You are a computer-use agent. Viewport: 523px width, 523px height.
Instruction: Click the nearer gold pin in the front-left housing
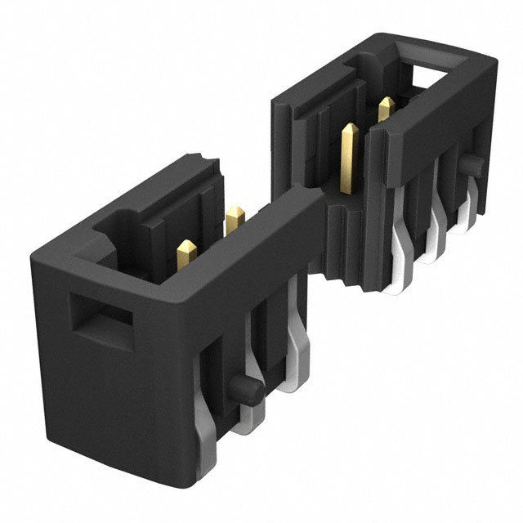point(187,251)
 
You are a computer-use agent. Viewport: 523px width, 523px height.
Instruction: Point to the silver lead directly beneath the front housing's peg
point(246,418)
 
